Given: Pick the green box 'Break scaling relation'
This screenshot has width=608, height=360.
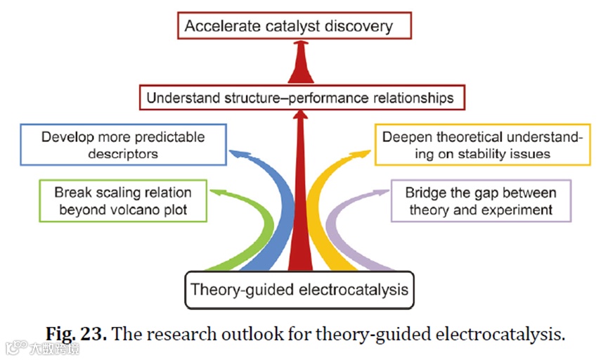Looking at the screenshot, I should click(x=122, y=200).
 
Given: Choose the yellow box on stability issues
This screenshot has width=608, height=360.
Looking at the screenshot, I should click(x=481, y=145).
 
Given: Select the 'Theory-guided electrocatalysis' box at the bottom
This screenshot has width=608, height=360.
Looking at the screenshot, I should click(x=299, y=289).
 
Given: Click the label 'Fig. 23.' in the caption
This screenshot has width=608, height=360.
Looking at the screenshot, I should click(x=76, y=333).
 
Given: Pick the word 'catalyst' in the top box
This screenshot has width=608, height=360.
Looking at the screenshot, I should click(x=278, y=27).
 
